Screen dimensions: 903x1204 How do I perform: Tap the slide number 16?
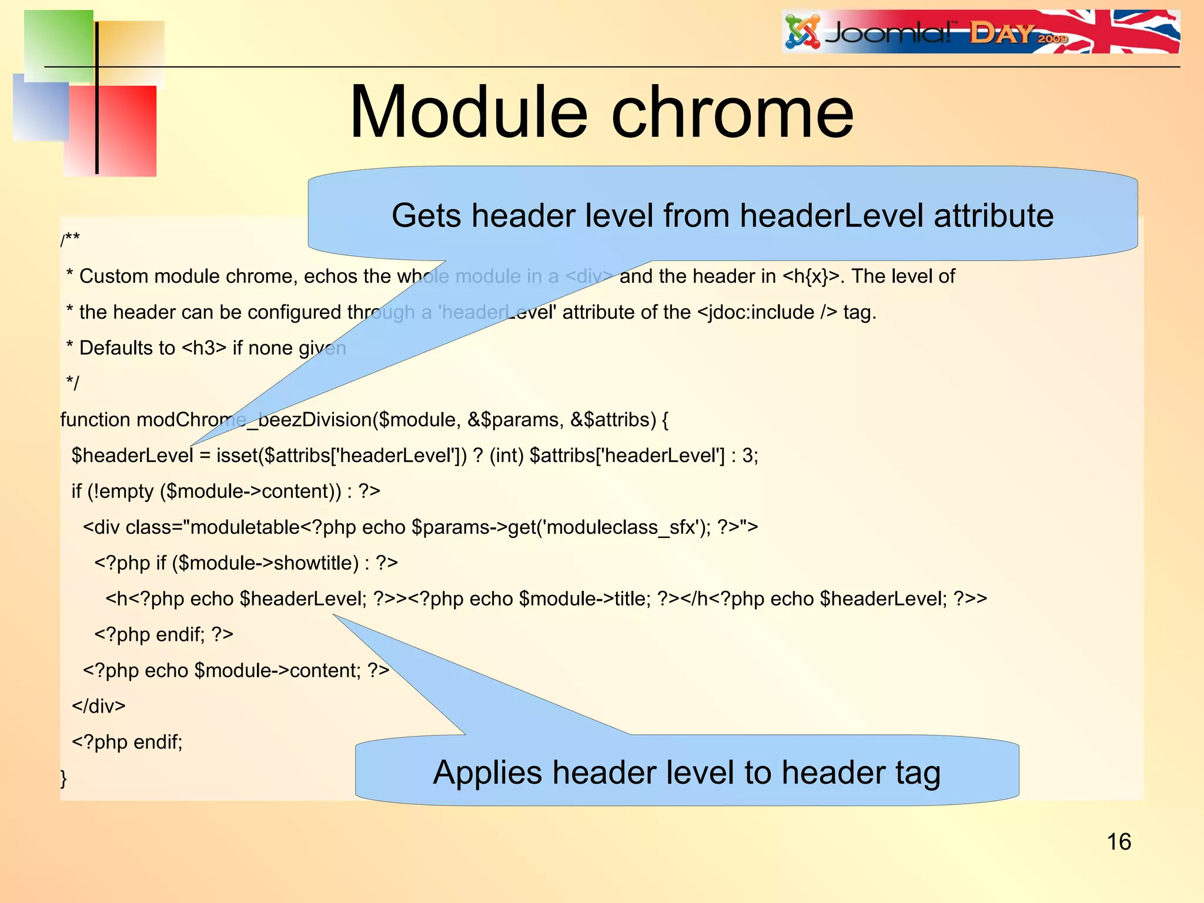(1118, 842)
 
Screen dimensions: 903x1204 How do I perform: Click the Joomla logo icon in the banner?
(802, 32)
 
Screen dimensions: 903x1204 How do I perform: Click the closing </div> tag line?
(99, 706)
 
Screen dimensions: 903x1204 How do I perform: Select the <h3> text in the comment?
(203, 348)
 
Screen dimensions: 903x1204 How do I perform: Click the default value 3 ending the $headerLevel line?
(747, 456)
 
